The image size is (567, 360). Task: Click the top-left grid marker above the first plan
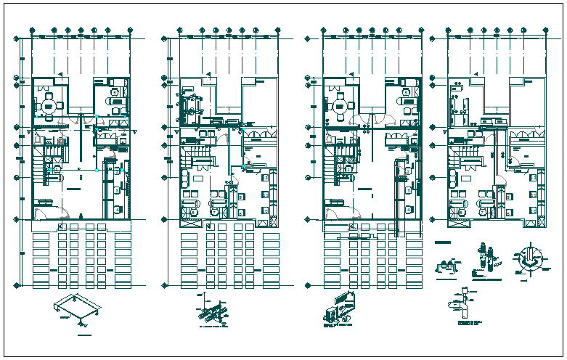(33, 31)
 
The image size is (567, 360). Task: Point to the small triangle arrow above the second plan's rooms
(208, 73)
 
